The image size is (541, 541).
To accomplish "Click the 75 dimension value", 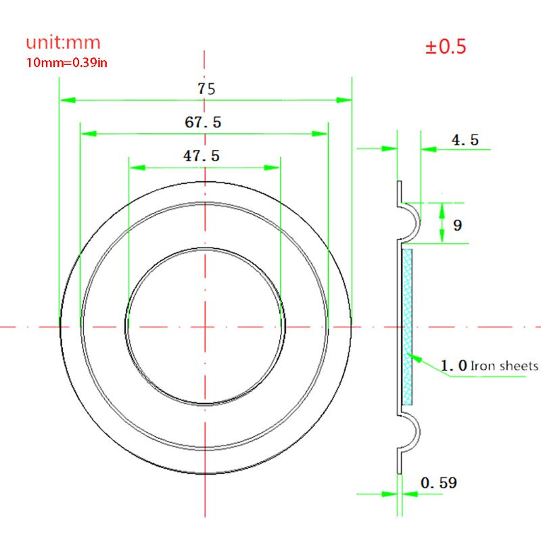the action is pos(206,89).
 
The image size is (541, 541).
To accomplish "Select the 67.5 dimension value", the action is pos(203,122).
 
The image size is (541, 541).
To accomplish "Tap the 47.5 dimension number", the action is pos(202,156).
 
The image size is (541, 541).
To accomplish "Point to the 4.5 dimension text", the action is pos(465,140).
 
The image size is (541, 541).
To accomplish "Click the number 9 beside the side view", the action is pos(458,225).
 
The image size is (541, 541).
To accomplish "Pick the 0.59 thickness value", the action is pos(439,483).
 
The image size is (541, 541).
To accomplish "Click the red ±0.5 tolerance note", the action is pos(446,46).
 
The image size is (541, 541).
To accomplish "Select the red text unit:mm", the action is pos(63,43).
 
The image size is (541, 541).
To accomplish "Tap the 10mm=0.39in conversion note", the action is pos(66,63).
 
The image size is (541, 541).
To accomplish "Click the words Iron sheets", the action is pos(504,366).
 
